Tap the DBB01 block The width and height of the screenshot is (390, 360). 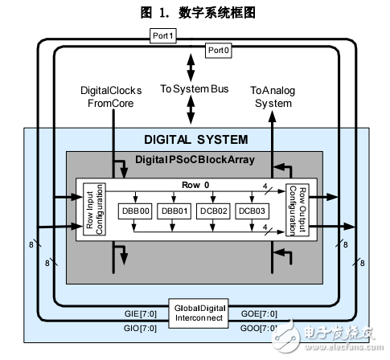pos(173,211)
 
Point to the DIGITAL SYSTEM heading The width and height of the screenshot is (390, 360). pos(195,139)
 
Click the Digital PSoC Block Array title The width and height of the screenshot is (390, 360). pos(195,159)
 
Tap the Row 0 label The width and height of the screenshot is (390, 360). pos(195,185)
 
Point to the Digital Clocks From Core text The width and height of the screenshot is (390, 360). pos(113,97)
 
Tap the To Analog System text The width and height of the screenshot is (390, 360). pos(273,97)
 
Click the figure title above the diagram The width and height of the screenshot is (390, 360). pos(195,12)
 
